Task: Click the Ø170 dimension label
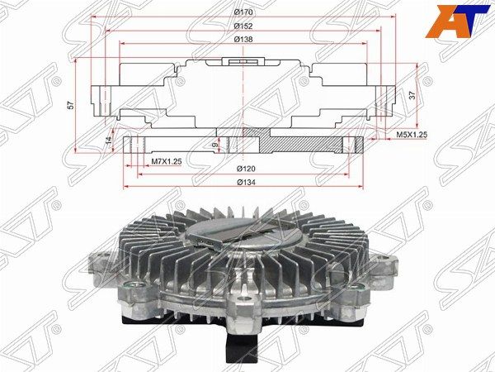[x=243, y=12]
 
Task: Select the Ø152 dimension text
[x=243, y=26]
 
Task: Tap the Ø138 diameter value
[x=243, y=40]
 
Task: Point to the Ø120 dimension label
[x=246, y=169]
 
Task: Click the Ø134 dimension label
[x=246, y=182]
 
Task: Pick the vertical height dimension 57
[x=72, y=105]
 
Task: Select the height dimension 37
[x=412, y=96]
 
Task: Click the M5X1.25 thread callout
[x=412, y=135]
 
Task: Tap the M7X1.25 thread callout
[x=167, y=161]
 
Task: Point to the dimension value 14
[x=109, y=141]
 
